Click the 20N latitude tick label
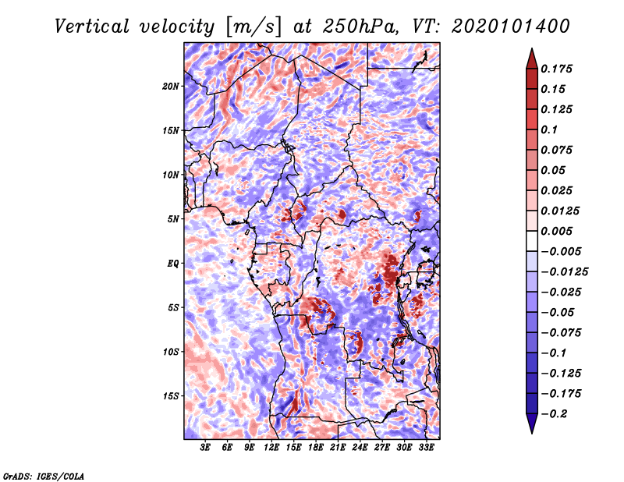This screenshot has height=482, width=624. (171, 87)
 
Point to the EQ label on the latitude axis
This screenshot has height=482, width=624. (172, 264)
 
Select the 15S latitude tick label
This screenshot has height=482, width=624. (171, 396)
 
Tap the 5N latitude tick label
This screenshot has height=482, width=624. (173, 219)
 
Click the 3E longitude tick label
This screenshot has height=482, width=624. (205, 448)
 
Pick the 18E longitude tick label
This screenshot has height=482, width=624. (315, 448)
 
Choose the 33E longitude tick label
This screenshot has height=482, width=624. (426, 448)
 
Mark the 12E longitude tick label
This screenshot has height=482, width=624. (271, 448)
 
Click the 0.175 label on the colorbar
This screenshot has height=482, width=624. (556, 69)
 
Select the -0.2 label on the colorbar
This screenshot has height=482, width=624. (554, 414)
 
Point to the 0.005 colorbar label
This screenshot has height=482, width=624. (556, 231)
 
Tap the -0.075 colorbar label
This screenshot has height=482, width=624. (561, 333)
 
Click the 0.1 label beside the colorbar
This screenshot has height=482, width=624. (549, 129)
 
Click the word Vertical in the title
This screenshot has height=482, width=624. (91, 27)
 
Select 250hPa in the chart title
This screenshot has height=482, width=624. (360, 27)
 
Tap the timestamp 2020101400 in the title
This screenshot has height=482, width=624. (511, 27)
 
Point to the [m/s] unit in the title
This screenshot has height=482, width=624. (253, 27)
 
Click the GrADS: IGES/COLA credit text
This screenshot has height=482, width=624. (44, 477)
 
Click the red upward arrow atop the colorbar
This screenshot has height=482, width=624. (532, 58)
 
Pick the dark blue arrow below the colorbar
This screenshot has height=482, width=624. (532, 424)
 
